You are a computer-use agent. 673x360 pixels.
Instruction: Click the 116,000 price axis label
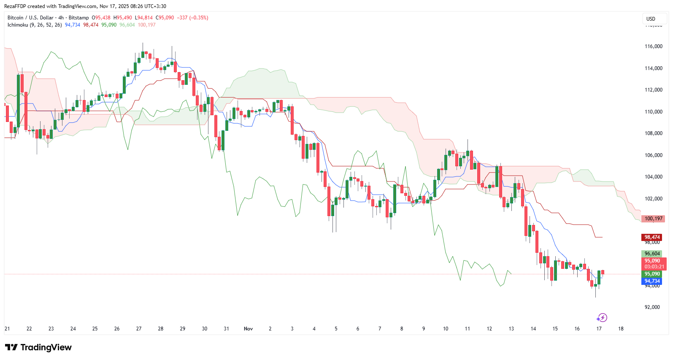pyautogui.click(x=653, y=46)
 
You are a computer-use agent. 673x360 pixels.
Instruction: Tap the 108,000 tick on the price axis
pyautogui.click(x=653, y=133)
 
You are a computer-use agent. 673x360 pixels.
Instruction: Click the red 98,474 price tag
pyautogui.click(x=652, y=237)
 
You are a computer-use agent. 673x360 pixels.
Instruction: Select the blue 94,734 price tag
pyautogui.click(x=652, y=281)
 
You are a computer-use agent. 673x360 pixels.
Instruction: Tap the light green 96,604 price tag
pyautogui.click(x=652, y=254)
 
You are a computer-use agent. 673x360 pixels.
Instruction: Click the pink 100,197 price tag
pyautogui.click(x=653, y=219)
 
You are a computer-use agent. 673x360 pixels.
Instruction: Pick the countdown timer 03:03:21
pyautogui.click(x=654, y=267)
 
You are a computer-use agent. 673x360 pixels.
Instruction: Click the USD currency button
pyautogui.click(x=651, y=19)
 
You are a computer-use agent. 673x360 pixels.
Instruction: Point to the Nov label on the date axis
pyautogui.click(x=248, y=329)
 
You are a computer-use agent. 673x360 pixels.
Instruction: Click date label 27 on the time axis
pyautogui.click(x=139, y=329)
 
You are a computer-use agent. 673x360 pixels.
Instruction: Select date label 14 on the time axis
pyautogui.click(x=533, y=329)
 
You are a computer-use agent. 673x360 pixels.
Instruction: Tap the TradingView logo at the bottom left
pyautogui.click(x=38, y=347)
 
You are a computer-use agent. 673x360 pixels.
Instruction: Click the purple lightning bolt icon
pyautogui.click(x=602, y=318)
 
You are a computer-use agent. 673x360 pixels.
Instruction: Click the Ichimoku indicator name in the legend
pyautogui.click(x=18, y=25)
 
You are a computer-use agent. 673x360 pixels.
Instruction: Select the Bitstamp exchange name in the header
pyautogui.click(x=78, y=18)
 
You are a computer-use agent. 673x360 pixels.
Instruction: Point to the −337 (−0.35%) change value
pyautogui.click(x=192, y=18)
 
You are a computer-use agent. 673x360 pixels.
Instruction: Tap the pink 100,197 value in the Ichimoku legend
pyautogui.click(x=146, y=25)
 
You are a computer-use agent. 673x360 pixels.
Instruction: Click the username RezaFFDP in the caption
pyautogui.click(x=15, y=6)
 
